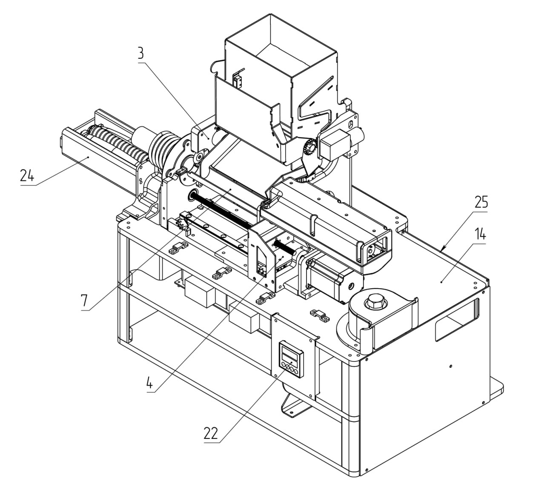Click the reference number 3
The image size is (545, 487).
click(141, 53)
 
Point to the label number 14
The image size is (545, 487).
click(480, 234)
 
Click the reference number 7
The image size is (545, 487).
click(85, 301)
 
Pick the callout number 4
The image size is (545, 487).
click(150, 382)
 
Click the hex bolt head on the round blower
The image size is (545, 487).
click(375, 301)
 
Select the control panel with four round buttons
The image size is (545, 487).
click(291, 360)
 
